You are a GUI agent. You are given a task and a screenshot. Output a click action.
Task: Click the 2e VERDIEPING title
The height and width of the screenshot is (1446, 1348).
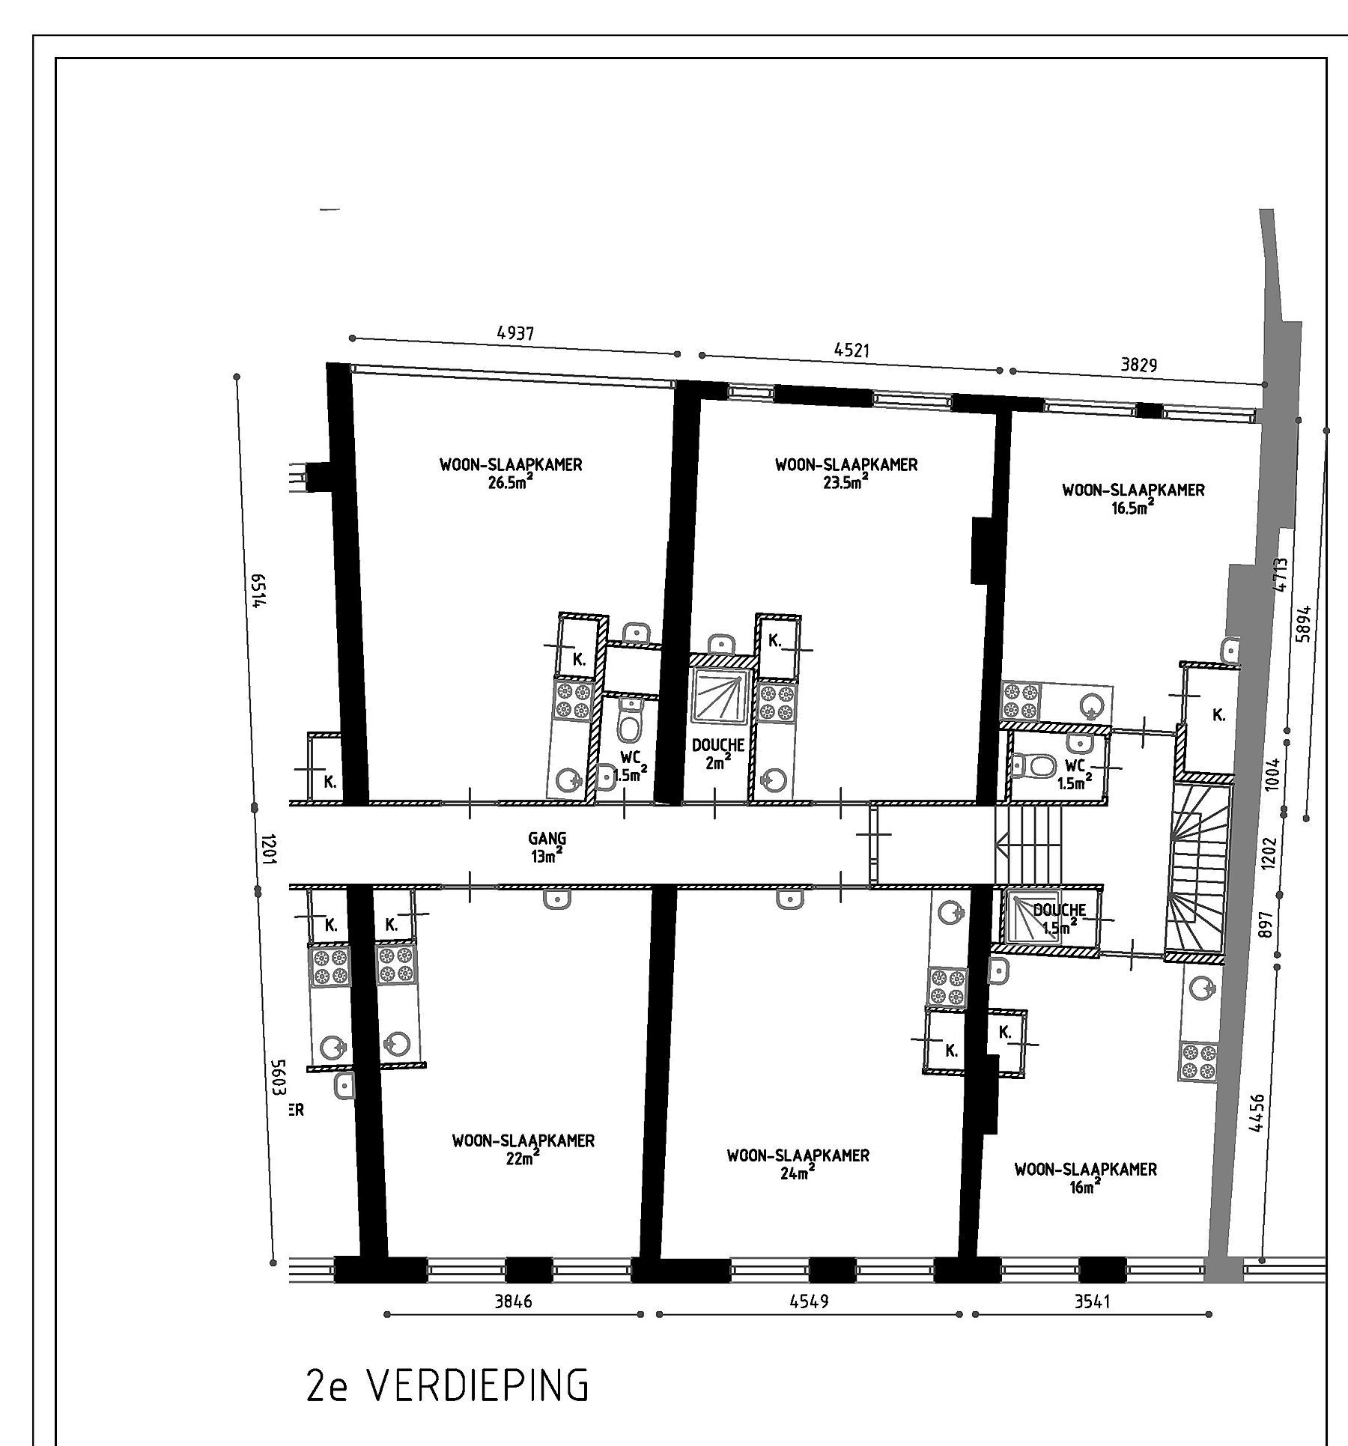pos(448,1387)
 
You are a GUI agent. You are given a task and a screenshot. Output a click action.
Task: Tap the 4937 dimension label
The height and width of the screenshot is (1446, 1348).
pos(516,333)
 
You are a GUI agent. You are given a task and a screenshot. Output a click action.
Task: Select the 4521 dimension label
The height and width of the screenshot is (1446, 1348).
pos(852,350)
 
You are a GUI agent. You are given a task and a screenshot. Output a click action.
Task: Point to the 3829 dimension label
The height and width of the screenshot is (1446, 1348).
pos(1138,365)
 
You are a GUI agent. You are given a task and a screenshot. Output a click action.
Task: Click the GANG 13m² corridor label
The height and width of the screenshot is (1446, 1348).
pos(547,847)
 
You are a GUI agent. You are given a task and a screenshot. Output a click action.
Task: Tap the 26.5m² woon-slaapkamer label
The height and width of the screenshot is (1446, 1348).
pos(511,473)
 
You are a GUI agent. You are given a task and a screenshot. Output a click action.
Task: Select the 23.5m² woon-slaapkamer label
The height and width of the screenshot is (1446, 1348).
pos(846,473)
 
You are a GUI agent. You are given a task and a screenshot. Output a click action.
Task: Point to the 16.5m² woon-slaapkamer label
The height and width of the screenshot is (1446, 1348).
pos(1133,499)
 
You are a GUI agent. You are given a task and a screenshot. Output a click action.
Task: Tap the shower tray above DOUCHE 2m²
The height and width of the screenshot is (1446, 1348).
pos(719,696)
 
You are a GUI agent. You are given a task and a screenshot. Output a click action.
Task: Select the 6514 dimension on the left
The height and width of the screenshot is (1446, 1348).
pos(257,592)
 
